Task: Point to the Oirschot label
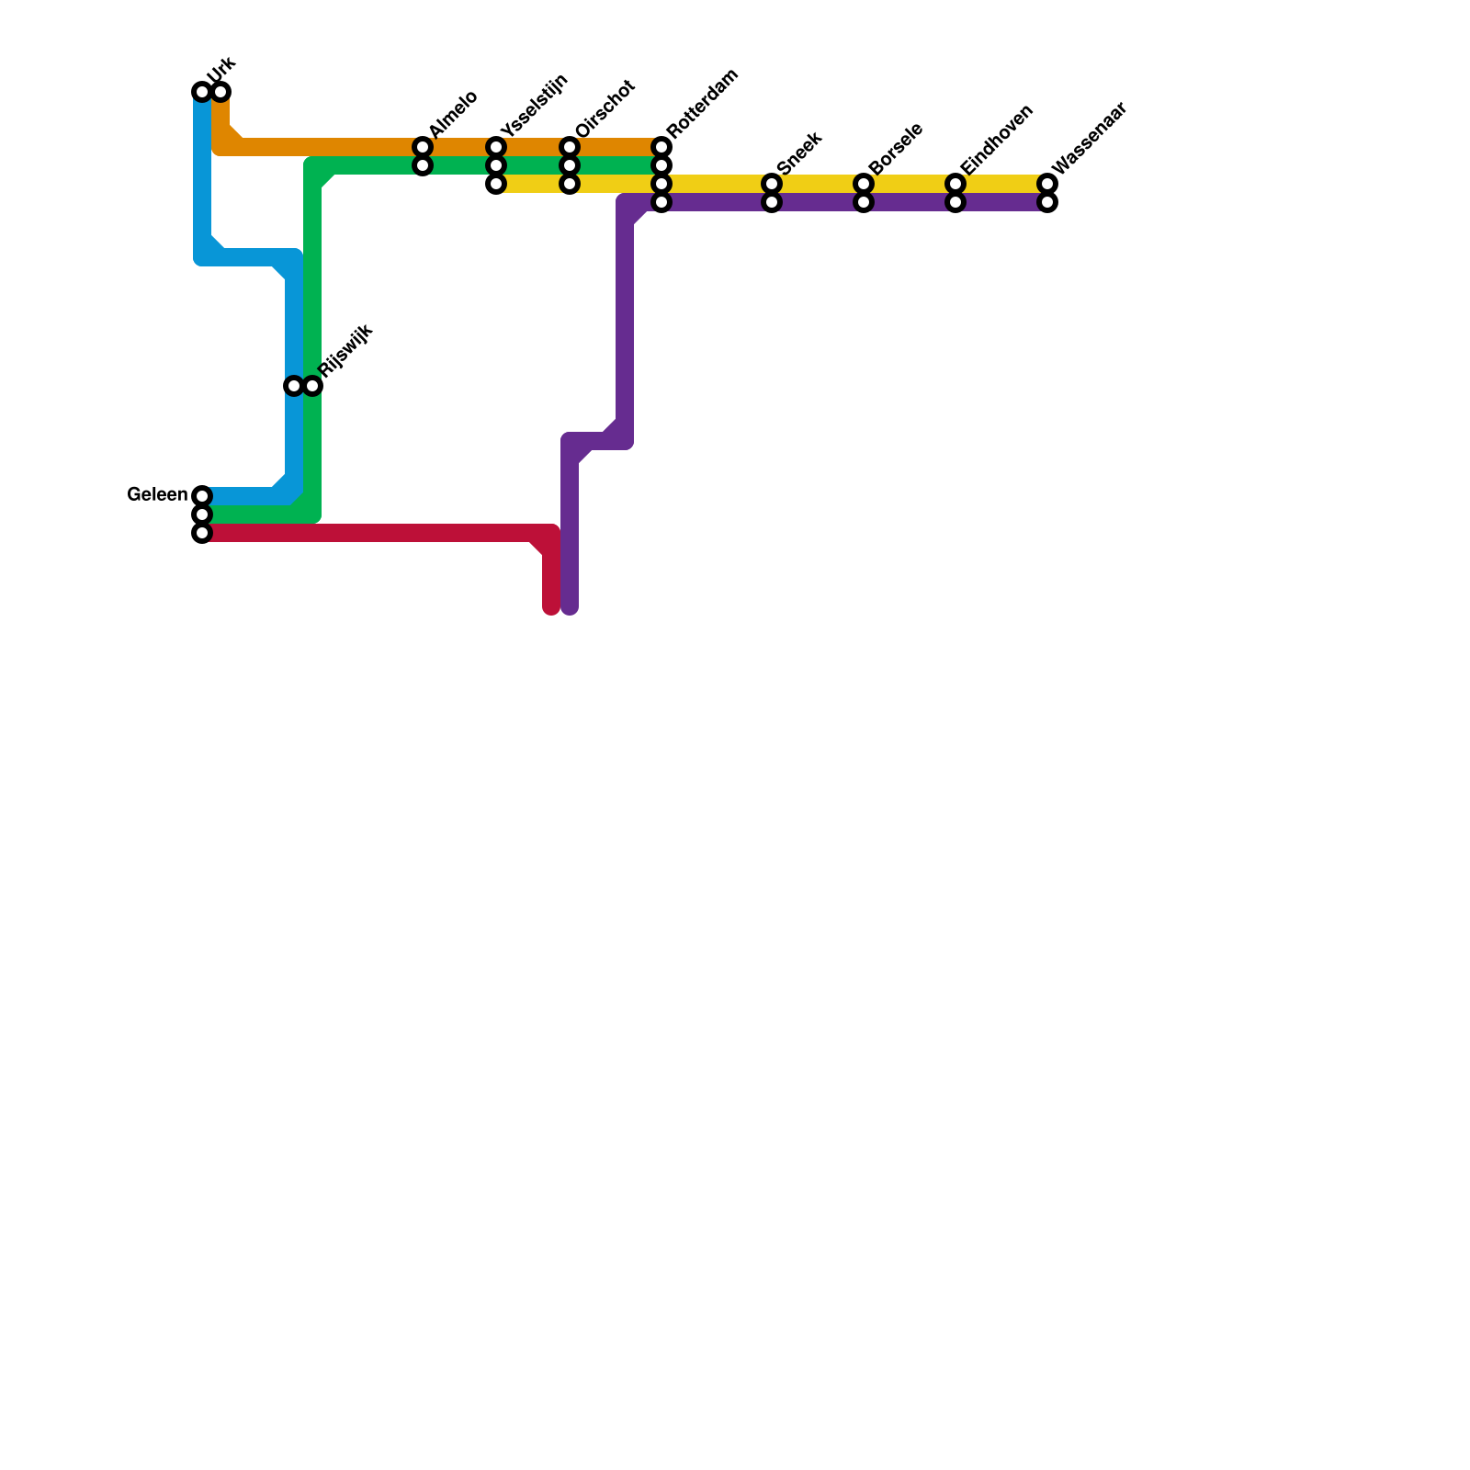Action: pyautogui.click(x=605, y=109)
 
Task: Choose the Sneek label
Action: pyautogui.click(x=798, y=153)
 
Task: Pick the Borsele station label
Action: pyautogui.click(x=896, y=148)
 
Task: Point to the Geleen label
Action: pyautogui.click(x=157, y=495)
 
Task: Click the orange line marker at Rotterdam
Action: pyautogui.click(x=661, y=147)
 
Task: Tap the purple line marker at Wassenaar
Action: pyautogui.click(x=1047, y=202)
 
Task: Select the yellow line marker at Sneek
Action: pyautogui.click(x=772, y=184)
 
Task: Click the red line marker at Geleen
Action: pyautogui.click(x=202, y=533)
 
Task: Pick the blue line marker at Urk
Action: pyautogui.click(x=202, y=92)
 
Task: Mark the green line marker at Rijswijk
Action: pyautogui.click(x=312, y=386)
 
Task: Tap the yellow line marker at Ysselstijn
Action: pyautogui.click(x=496, y=184)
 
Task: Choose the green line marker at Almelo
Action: pyautogui.click(x=423, y=165)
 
